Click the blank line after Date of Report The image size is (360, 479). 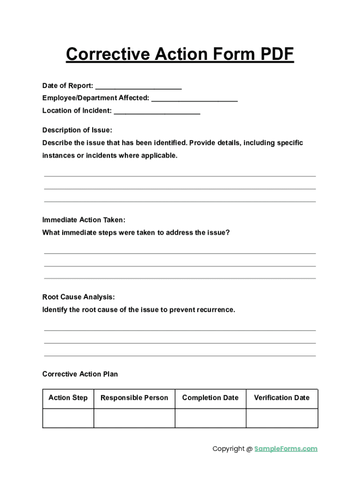coord(138,87)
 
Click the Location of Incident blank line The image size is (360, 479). coord(157,112)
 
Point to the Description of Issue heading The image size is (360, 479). coord(77,130)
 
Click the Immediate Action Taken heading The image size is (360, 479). coord(84,220)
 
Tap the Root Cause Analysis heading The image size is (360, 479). coord(79,297)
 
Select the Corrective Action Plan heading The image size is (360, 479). coord(80,374)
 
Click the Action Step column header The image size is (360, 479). coord(68,398)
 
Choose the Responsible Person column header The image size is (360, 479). coord(134,398)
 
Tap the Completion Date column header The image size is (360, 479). coord(210,398)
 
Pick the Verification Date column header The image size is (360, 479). coord(281,398)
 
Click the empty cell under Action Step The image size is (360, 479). coord(68,418)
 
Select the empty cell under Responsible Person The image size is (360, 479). coord(134,418)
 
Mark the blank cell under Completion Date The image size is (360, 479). coord(210,418)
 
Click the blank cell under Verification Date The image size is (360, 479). coord(282,418)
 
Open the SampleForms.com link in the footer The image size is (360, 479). coord(286,449)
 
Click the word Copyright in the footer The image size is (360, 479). coord(229,449)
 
